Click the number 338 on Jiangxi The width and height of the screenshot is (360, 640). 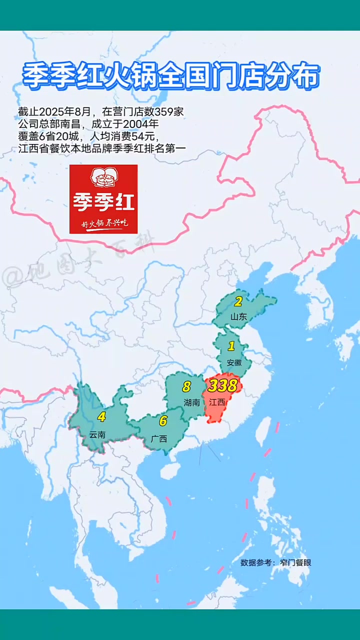(222, 386)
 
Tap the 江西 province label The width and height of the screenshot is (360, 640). (217, 402)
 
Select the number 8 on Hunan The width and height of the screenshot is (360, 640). (186, 386)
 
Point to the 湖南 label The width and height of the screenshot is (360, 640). (191, 402)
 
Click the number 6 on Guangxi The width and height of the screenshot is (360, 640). (163, 421)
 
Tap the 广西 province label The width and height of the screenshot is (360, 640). (159, 438)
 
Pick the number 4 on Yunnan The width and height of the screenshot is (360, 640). (101, 416)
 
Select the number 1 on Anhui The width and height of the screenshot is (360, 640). (231, 346)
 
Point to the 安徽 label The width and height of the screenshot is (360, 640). (234, 362)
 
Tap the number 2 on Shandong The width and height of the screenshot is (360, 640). (238, 301)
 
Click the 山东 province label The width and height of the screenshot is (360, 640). (238, 316)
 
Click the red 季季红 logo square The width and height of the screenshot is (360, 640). (103, 199)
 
